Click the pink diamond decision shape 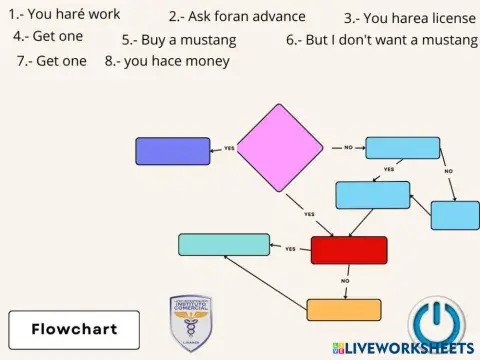click(279, 148)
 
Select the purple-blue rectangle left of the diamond click(172, 150)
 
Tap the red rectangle click(348, 250)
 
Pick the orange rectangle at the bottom click(343, 309)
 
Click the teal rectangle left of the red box click(223, 244)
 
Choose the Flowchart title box click(73, 328)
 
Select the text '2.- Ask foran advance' click(237, 17)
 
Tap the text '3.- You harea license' click(409, 18)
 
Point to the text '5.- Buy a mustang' click(179, 41)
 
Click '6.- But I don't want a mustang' click(380, 41)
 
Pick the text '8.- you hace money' click(167, 61)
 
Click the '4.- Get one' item click(48, 36)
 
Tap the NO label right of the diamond click(348, 147)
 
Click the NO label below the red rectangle click(345, 281)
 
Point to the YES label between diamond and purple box click(229, 149)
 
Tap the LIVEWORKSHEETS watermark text click(410, 348)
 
